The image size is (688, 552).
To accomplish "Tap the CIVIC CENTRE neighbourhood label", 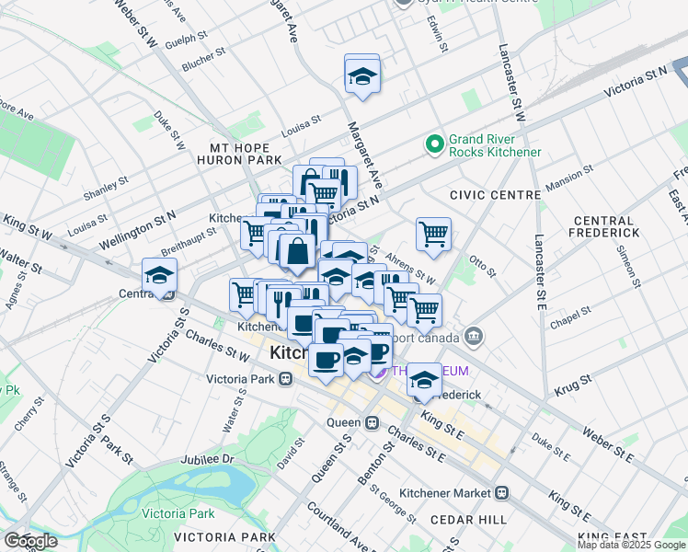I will pyautogui.click(x=495, y=195).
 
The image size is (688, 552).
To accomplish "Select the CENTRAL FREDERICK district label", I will pyautogui.click(x=603, y=227).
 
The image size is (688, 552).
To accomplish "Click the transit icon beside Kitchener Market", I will pyautogui.click(x=502, y=492).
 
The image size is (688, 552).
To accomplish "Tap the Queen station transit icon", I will pyautogui.click(x=373, y=423).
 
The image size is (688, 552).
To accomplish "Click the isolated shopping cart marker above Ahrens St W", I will pyautogui.click(x=433, y=233).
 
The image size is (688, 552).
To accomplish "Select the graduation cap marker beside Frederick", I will pyautogui.click(x=423, y=377).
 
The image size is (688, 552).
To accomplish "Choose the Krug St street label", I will pyautogui.click(x=573, y=386).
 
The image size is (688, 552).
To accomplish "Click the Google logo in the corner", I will pyautogui.click(x=30, y=541).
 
